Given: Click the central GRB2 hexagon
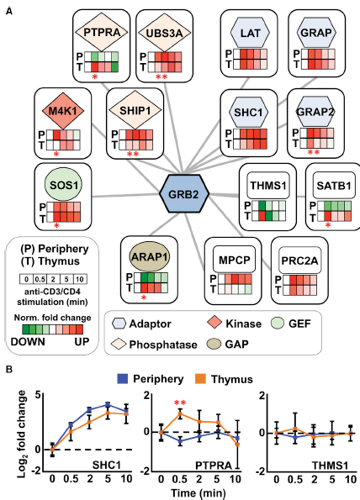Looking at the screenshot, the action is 184,193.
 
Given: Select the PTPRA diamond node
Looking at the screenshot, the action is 102,32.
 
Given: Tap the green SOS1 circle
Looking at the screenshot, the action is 64,185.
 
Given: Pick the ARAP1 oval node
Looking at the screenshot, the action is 150,257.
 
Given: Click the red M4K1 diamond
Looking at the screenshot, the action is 64,111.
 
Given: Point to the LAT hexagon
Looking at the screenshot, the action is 250,33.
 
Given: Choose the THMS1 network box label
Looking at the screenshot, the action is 268,185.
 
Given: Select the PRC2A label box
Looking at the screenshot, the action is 299,261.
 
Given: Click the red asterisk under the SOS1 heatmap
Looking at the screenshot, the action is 57,226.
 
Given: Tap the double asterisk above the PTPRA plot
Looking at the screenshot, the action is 180,403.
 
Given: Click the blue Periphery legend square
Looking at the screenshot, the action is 123,379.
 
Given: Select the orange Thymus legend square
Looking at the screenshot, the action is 200,379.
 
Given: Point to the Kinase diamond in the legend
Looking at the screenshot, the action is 215,323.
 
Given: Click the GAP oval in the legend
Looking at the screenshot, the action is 214,344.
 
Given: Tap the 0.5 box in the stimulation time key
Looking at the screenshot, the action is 40,279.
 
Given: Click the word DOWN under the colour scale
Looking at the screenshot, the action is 28,342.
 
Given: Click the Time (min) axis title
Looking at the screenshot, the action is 198,493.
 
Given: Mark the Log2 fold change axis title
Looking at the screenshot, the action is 22,434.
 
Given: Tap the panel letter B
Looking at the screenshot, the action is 9,370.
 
